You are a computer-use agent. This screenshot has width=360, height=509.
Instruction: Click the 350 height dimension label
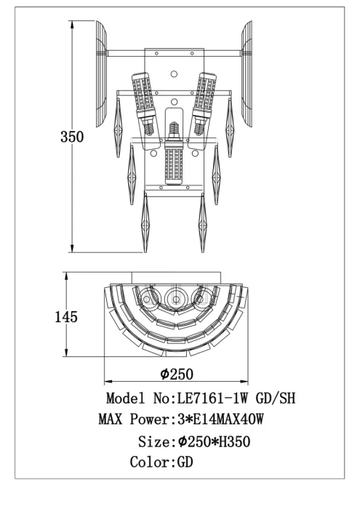72,137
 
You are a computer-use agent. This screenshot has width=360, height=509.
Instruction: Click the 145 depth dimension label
66,317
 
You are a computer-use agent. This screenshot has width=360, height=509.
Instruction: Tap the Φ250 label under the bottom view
177,374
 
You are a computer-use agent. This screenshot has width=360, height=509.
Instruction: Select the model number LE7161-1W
212,398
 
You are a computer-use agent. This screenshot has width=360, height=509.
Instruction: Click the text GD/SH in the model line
276,398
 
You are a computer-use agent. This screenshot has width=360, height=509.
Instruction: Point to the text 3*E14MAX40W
220,419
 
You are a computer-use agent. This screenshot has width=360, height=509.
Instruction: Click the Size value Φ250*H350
215,441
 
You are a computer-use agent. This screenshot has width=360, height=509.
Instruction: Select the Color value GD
185,462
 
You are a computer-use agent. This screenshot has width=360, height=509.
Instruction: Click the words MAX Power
135,419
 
